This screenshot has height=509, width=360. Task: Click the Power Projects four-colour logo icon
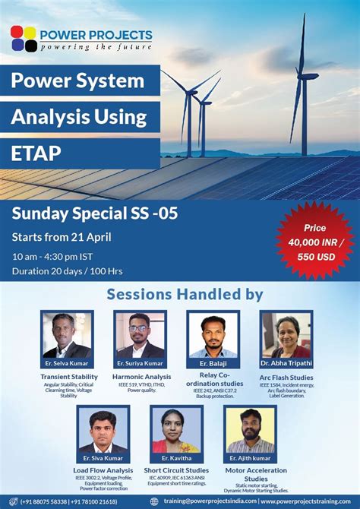click(24, 39)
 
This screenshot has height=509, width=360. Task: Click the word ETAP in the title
click(35, 153)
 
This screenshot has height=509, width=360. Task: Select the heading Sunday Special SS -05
click(94, 213)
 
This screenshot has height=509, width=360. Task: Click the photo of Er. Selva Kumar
click(67, 334)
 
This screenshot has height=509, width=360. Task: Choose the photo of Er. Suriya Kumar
click(140, 334)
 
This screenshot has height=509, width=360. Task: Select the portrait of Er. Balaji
click(213, 334)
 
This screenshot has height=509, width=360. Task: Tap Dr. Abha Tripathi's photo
click(286, 334)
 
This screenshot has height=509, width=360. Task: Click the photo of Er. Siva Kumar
click(103, 431)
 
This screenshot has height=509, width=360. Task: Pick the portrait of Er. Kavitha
click(176, 431)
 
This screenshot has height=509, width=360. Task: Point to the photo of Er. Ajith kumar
click(250, 431)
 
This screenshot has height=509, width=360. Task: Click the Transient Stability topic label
click(68, 376)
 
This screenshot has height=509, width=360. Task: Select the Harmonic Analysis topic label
click(141, 376)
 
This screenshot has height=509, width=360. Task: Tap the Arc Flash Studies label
click(286, 376)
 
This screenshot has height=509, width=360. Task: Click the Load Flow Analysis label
click(103, 469)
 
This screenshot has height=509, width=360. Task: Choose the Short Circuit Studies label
click(176, 469)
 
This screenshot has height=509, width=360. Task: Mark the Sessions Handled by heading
click(185, 294)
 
